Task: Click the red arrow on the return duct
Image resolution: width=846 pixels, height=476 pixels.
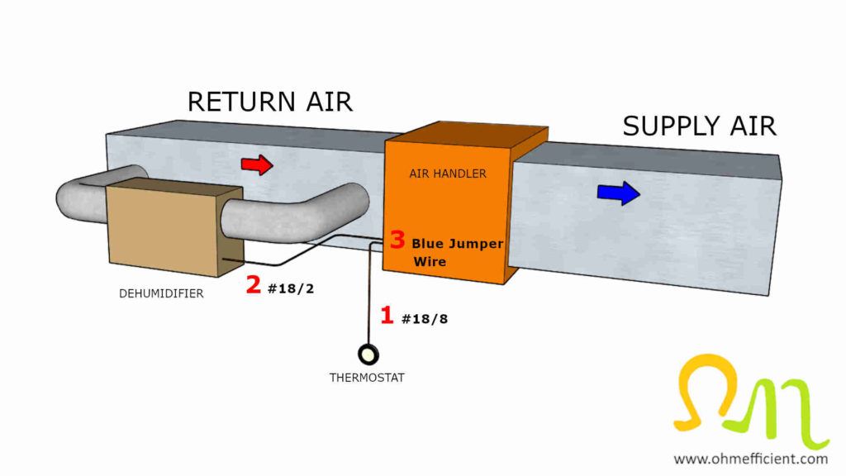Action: tap(256, 164)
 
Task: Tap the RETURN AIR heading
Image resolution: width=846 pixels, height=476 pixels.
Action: tap(269, 101)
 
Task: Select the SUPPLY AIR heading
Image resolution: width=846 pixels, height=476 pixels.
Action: tap(699, 126)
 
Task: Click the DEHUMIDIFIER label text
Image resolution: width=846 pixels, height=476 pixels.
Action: tap(161, 293)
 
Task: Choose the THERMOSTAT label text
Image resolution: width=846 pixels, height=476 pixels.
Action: tap(368, 378)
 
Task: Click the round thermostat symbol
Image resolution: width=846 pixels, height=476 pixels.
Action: tap(368, 355)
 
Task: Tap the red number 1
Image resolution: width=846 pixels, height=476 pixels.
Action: tap(387, 315)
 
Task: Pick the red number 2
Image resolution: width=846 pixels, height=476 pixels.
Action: tap(254, 286)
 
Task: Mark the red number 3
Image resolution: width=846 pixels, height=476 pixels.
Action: tap(397, 240)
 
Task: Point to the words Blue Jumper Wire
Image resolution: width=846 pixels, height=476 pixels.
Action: tap(456, 252)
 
